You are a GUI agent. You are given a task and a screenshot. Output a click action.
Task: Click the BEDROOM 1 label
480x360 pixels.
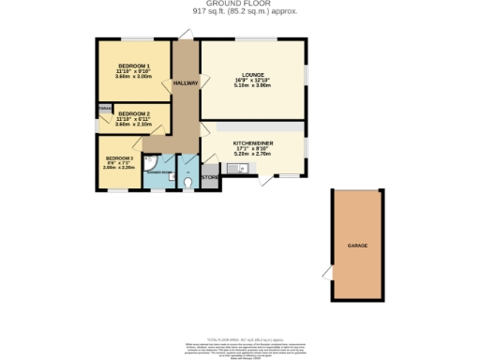pyautogui.click(x=133, y=65)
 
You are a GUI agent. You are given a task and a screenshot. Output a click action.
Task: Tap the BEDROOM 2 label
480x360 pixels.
pyautogui.click(x=134, y=112)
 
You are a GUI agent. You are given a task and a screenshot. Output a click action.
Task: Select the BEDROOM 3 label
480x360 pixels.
pyautogui.click(x=119, y=158)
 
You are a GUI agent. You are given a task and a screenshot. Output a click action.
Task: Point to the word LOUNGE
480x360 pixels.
pyautogui.click(x=252, y=75)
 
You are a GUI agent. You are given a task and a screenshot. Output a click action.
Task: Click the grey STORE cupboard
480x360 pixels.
pyautogui.click(x=209, y=175)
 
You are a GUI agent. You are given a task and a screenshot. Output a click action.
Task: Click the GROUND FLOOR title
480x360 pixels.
pyautogui.click(x=240, y=4)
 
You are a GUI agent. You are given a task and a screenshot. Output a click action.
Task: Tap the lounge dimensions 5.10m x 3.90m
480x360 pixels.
pyautogui.click(x=252, y=86)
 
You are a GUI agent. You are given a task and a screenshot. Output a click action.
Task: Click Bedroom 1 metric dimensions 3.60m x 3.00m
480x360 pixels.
pyautogui.click(x=133, y=77)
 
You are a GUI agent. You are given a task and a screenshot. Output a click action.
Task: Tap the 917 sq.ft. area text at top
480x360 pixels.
pyautogui.click(x=240, y=12)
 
